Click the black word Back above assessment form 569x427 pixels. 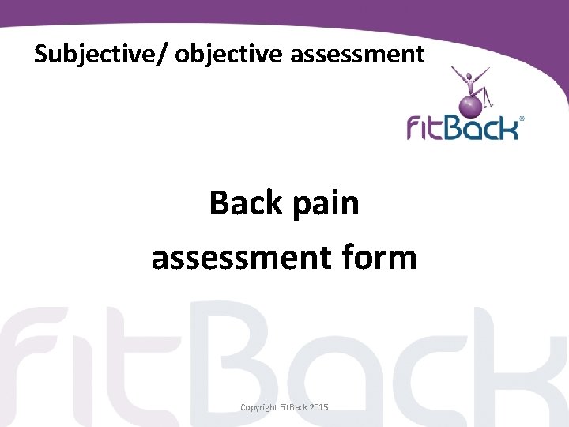click(x=245, y=203)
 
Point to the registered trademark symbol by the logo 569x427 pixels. click(x=522, y=119)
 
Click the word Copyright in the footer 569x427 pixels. click(x=258, y=407)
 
